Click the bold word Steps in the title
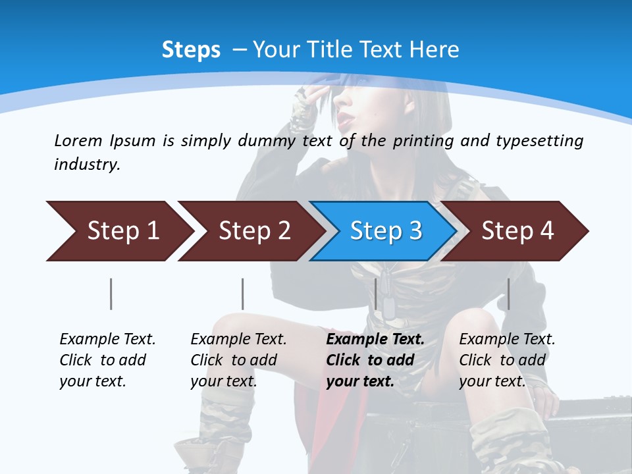tap(191, 50)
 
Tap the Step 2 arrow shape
tap(250, 230)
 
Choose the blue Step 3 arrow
tap(384, 230)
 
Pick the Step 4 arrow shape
tap(516, 230)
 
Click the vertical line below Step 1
tap(111, 294)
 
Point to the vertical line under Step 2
tap(243, 294)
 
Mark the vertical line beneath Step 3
tap(376, 294)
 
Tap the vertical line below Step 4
tap(509, 294)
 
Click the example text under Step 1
tap(107, 360)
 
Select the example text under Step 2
tap(238, 360)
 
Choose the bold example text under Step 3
tap(375, 360)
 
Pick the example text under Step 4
tap(507, 360)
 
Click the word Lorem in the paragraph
tap(78, 141)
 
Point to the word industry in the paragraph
tap(87, 165)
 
